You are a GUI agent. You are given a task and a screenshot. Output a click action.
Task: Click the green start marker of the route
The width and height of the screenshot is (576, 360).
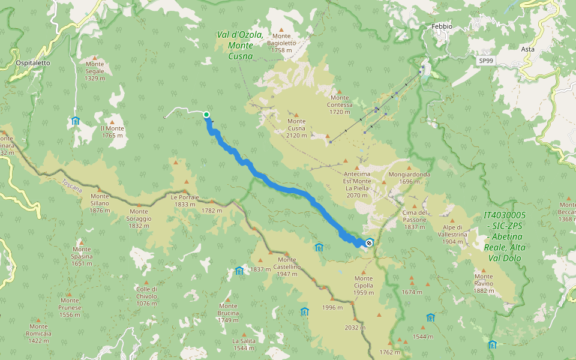point(206,115)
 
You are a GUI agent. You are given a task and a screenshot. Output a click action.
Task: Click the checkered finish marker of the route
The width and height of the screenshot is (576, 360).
point(368,243)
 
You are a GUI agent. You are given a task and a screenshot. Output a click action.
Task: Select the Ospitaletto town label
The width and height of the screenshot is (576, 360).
point(33,62)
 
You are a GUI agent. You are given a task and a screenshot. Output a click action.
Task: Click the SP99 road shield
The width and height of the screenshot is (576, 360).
point(486,61)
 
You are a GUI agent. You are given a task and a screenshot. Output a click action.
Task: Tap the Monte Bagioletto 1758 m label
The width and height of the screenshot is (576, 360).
point(281,46)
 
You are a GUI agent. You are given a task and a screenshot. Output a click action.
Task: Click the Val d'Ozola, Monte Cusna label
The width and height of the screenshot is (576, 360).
point(240,46)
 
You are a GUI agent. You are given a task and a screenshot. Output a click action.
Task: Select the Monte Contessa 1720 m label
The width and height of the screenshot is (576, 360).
point(340,104)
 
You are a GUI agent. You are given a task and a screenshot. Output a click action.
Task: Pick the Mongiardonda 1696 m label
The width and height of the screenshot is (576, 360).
point(409,178)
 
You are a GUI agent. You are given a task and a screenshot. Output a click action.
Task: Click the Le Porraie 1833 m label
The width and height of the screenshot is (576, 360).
point(184,200)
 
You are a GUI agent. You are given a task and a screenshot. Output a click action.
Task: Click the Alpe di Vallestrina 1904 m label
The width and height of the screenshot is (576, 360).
point(453,234)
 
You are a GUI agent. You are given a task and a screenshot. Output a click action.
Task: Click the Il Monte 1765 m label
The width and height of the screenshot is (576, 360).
point(112,131)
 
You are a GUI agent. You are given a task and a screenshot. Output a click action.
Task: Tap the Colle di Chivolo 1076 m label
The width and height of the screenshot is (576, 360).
point(146,296)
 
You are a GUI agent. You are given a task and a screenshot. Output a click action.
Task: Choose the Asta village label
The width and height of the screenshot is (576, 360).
point(528,49)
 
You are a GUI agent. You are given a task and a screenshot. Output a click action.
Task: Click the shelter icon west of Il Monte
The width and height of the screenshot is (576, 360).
point(76,121)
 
